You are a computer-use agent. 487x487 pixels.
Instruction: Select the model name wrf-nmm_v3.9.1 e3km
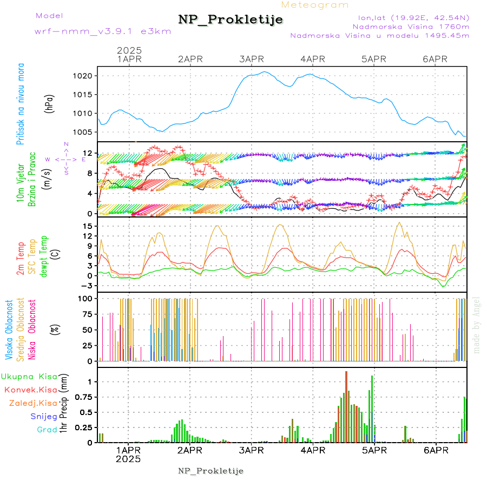[x=103, y=31]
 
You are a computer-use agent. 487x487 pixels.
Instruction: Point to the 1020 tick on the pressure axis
[x=87, y=76]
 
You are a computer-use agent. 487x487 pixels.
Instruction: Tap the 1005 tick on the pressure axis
[x=87, y=132]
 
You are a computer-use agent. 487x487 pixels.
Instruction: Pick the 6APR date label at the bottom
[x=436, y=450]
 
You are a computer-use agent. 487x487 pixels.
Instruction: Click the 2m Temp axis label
[x=21, y=259]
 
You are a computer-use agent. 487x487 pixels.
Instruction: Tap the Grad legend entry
[x=47, y=430]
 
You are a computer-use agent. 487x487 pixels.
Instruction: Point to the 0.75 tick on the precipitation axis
[x=84, y=397]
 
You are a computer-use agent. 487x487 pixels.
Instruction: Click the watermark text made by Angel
[x=477, y=325]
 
